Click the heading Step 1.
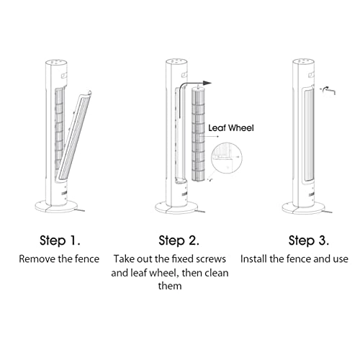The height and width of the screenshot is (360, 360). pyautogui.click(x=60, y=240)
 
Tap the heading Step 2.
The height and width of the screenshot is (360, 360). pyautogui.click(x=179, y=240)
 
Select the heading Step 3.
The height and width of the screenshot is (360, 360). pyautogui.click(x=309, y=240)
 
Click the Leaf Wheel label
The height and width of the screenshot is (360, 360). pyautogui.click(x=231, y=128)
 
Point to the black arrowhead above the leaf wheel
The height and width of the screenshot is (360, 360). pyautogui.click(x=207, y=84)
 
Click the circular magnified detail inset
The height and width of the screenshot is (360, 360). pyautogui.click(x=227, y=158)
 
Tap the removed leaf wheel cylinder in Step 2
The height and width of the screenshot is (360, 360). pyautogui.click(x=198, y=134)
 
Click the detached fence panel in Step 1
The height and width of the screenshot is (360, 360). pyautogui.click(x=74, y=135)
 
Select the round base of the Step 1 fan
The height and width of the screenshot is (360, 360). pyautogui.click(x=57, y=207)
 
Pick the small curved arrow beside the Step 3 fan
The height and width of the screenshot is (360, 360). pyautogui.click(x=328, y=91)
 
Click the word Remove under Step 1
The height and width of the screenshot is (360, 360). pyautogui.click(x=37, y=259)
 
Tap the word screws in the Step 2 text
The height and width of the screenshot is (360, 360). pyautogui.click(x=211, y=259)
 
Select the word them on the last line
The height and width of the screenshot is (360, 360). pyautogui.click(x=170, y=286)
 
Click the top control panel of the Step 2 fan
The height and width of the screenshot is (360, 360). pyautogui.click(x=176, y=61)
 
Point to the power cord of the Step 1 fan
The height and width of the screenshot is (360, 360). pyautogui.click(x=80, y=210)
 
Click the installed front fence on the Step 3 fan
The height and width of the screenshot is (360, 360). pyautogui.click(x=308, y=136)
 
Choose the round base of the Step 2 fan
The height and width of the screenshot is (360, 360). pyautogui.click(x=176, y=208)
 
